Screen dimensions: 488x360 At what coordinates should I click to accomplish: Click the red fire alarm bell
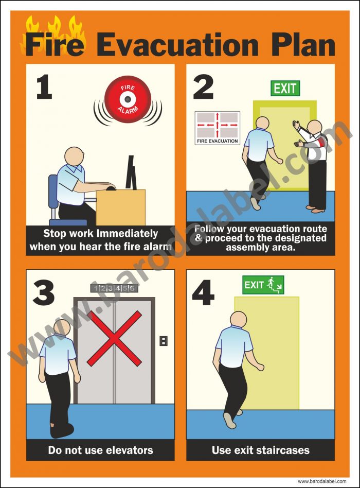[127, 99]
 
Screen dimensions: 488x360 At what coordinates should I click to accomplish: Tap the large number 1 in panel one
[44, 87]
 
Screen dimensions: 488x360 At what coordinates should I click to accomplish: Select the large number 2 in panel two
[203, 87]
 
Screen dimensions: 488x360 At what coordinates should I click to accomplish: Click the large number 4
[203, 293]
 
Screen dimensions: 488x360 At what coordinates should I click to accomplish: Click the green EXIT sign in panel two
[285, 88]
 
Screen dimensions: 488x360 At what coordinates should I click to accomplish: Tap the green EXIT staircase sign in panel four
[263, 285]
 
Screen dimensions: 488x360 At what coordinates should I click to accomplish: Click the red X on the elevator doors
[114, 338]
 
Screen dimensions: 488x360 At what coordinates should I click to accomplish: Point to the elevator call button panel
[164, 340]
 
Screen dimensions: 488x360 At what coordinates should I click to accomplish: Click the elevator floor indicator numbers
[114, 288]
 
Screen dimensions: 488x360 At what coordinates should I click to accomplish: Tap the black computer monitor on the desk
[131, 173]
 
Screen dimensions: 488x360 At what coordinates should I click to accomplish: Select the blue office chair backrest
[53, 191]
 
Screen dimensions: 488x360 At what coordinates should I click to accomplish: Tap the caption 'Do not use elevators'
[100, 450]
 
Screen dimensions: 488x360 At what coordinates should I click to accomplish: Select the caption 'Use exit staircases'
[260, 450]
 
